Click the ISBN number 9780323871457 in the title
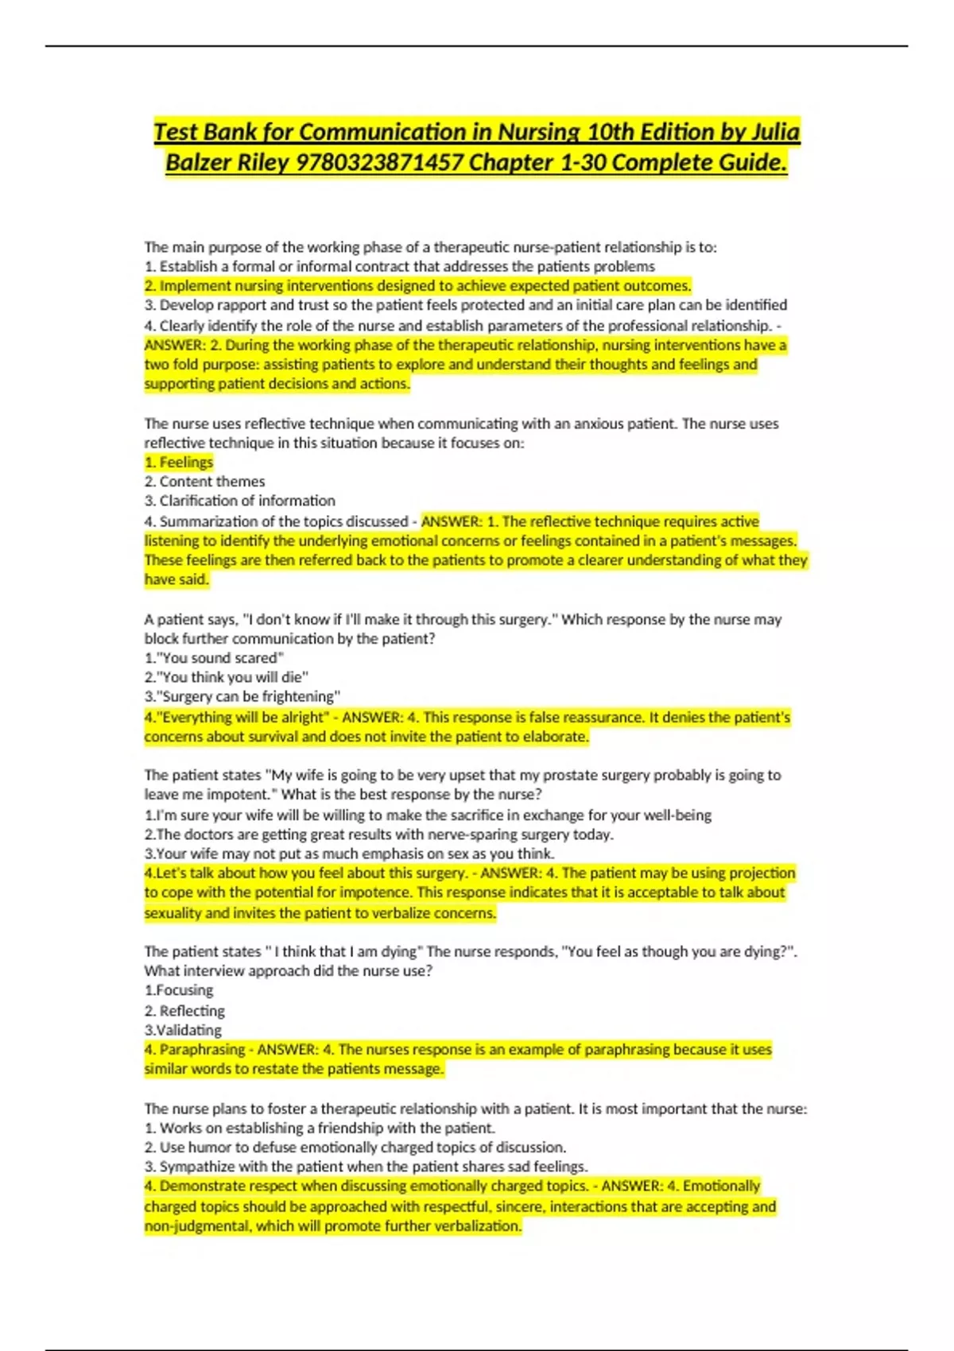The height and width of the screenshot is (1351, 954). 379,163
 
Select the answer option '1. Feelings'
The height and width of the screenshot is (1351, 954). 179,463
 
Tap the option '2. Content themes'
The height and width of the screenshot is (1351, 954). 204,482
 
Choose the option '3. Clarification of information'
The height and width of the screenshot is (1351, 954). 239,501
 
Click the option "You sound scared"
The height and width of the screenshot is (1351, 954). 214,658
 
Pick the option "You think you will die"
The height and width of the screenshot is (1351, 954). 226,677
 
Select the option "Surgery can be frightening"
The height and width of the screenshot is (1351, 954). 242,697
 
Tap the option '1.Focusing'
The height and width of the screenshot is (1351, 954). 179,990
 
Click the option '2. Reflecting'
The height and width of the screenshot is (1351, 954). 184,1011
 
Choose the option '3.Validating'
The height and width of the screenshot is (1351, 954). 183,1030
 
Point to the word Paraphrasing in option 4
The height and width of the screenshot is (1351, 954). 202,1050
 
